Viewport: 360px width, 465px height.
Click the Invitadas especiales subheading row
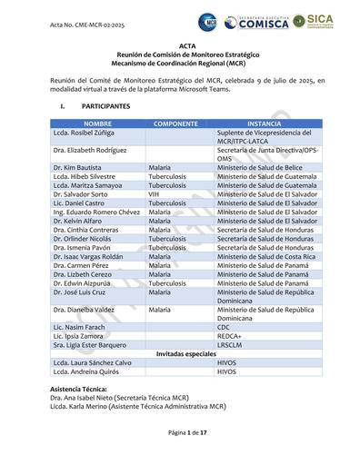pos(181,353)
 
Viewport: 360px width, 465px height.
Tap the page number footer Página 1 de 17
pos(181,433)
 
